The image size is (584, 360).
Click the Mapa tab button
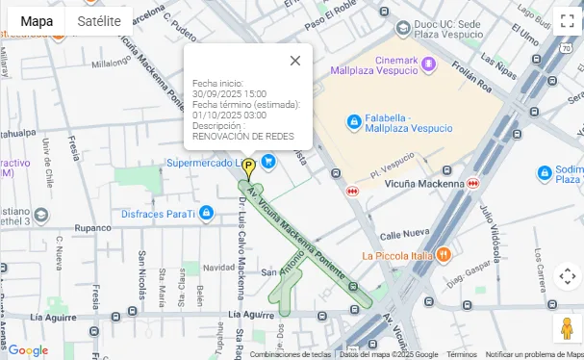(x=37, y=21)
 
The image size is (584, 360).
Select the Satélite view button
(x=99, y=21)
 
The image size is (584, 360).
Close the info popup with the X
(x=294, y=61)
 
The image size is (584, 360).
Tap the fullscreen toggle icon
(x=567, y=21)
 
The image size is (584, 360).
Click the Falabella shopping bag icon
(x=354, y=121)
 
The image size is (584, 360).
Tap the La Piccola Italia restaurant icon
(x=443, y=255)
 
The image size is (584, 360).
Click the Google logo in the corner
(x=27, y=350)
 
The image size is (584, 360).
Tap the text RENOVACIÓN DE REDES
(x=242, y=136)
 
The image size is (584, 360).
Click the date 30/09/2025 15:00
(x=229, y=94)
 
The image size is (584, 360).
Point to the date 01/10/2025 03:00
(x=229, y=116)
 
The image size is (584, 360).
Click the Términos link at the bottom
(x=461, y=354)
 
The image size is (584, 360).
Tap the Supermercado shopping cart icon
(x=268, y=162)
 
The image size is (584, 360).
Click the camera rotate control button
(x=567, y=276)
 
